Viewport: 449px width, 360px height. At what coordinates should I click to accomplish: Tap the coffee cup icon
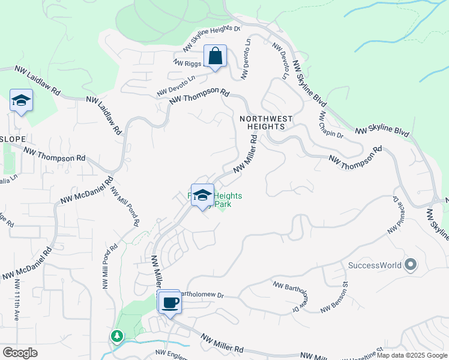pyautogui.click(x=170, y=302)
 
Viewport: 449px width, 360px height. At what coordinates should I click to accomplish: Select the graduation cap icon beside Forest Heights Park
pyautogui.click(x=203, y=195)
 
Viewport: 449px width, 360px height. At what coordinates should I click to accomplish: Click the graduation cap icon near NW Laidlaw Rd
pyautogui.click(x=21, y=101)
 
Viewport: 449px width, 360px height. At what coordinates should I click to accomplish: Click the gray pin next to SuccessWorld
pyautogui.click(x=411, y=264)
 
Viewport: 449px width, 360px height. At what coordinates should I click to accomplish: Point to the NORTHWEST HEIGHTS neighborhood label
pyautogui.click(x=266, y=123)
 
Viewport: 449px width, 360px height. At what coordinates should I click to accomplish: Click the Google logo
pyautogui.click(x=20, y=352)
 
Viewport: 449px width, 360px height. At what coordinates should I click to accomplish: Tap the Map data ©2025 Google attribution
pyautogui.click(x=412, y=355)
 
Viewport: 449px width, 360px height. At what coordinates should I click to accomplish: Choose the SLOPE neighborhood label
pyautogui.click(x=13, y=139)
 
